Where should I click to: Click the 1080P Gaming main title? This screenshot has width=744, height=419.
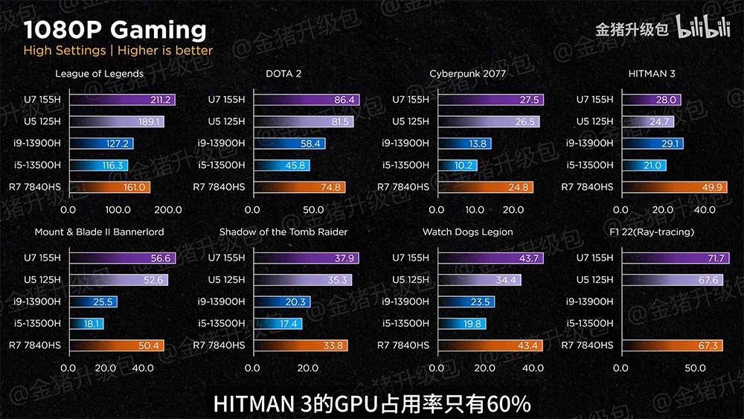115,30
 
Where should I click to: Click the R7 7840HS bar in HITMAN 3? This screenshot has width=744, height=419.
674,187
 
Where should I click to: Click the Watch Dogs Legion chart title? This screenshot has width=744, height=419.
467,232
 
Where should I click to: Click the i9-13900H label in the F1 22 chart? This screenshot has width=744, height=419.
589,301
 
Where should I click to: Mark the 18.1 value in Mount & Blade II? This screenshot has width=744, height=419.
93,324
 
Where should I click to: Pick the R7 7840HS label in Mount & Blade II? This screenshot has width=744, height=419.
34,345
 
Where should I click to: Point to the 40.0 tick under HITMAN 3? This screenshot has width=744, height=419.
704,210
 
